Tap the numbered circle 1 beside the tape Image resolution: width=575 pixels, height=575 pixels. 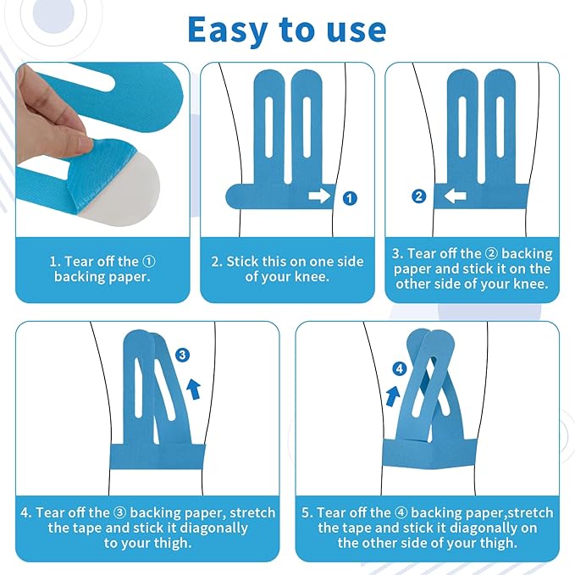click(x=350, y=198)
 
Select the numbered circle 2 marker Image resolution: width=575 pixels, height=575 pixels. click(x=419, y=196)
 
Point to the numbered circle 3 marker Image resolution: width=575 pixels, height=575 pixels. click(x=182, y=355)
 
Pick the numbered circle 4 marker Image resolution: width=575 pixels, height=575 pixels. click(x=400, y=368)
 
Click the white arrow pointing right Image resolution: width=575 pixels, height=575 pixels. click(x=319, y=196)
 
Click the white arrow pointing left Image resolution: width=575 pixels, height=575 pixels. click(x=455, y=196)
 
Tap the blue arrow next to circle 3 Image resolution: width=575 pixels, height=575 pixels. click(x=194, y=390)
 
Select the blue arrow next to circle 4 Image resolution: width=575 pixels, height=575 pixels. click(x=393, y=396)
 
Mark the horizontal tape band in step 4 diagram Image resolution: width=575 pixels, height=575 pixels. click(x=158, y=456)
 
